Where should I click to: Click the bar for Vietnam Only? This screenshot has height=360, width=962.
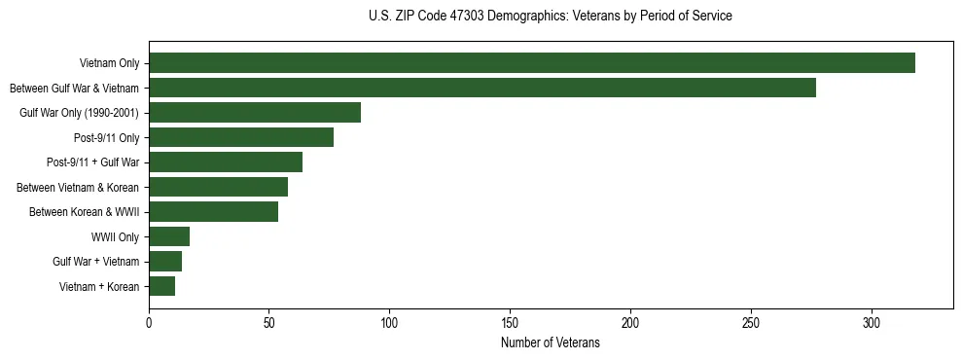(x=532, y=63)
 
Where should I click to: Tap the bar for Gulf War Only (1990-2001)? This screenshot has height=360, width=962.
(x=255, y=113)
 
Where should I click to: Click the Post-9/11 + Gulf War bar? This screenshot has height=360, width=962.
(x=226, y=162)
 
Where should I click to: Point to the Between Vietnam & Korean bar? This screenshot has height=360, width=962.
(x=219, y=187)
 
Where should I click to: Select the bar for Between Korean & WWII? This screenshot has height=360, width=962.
(x=214, y=212)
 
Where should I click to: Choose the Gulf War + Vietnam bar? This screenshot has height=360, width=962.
(x=165, y=262)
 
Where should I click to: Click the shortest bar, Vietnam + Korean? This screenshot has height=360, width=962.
(x=162, y=286)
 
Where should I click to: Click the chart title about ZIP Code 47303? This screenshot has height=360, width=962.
(x=551, y=17)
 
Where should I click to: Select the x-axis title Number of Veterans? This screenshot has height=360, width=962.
(x=551, y=343)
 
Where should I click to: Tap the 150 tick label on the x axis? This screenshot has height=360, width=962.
(x=511, y=322)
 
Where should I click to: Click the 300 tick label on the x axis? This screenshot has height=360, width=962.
(x=872, y=322)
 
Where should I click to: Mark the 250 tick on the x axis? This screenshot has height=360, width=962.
(x=751, y=322)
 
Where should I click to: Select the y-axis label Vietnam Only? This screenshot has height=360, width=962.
(x=109, y=63)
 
